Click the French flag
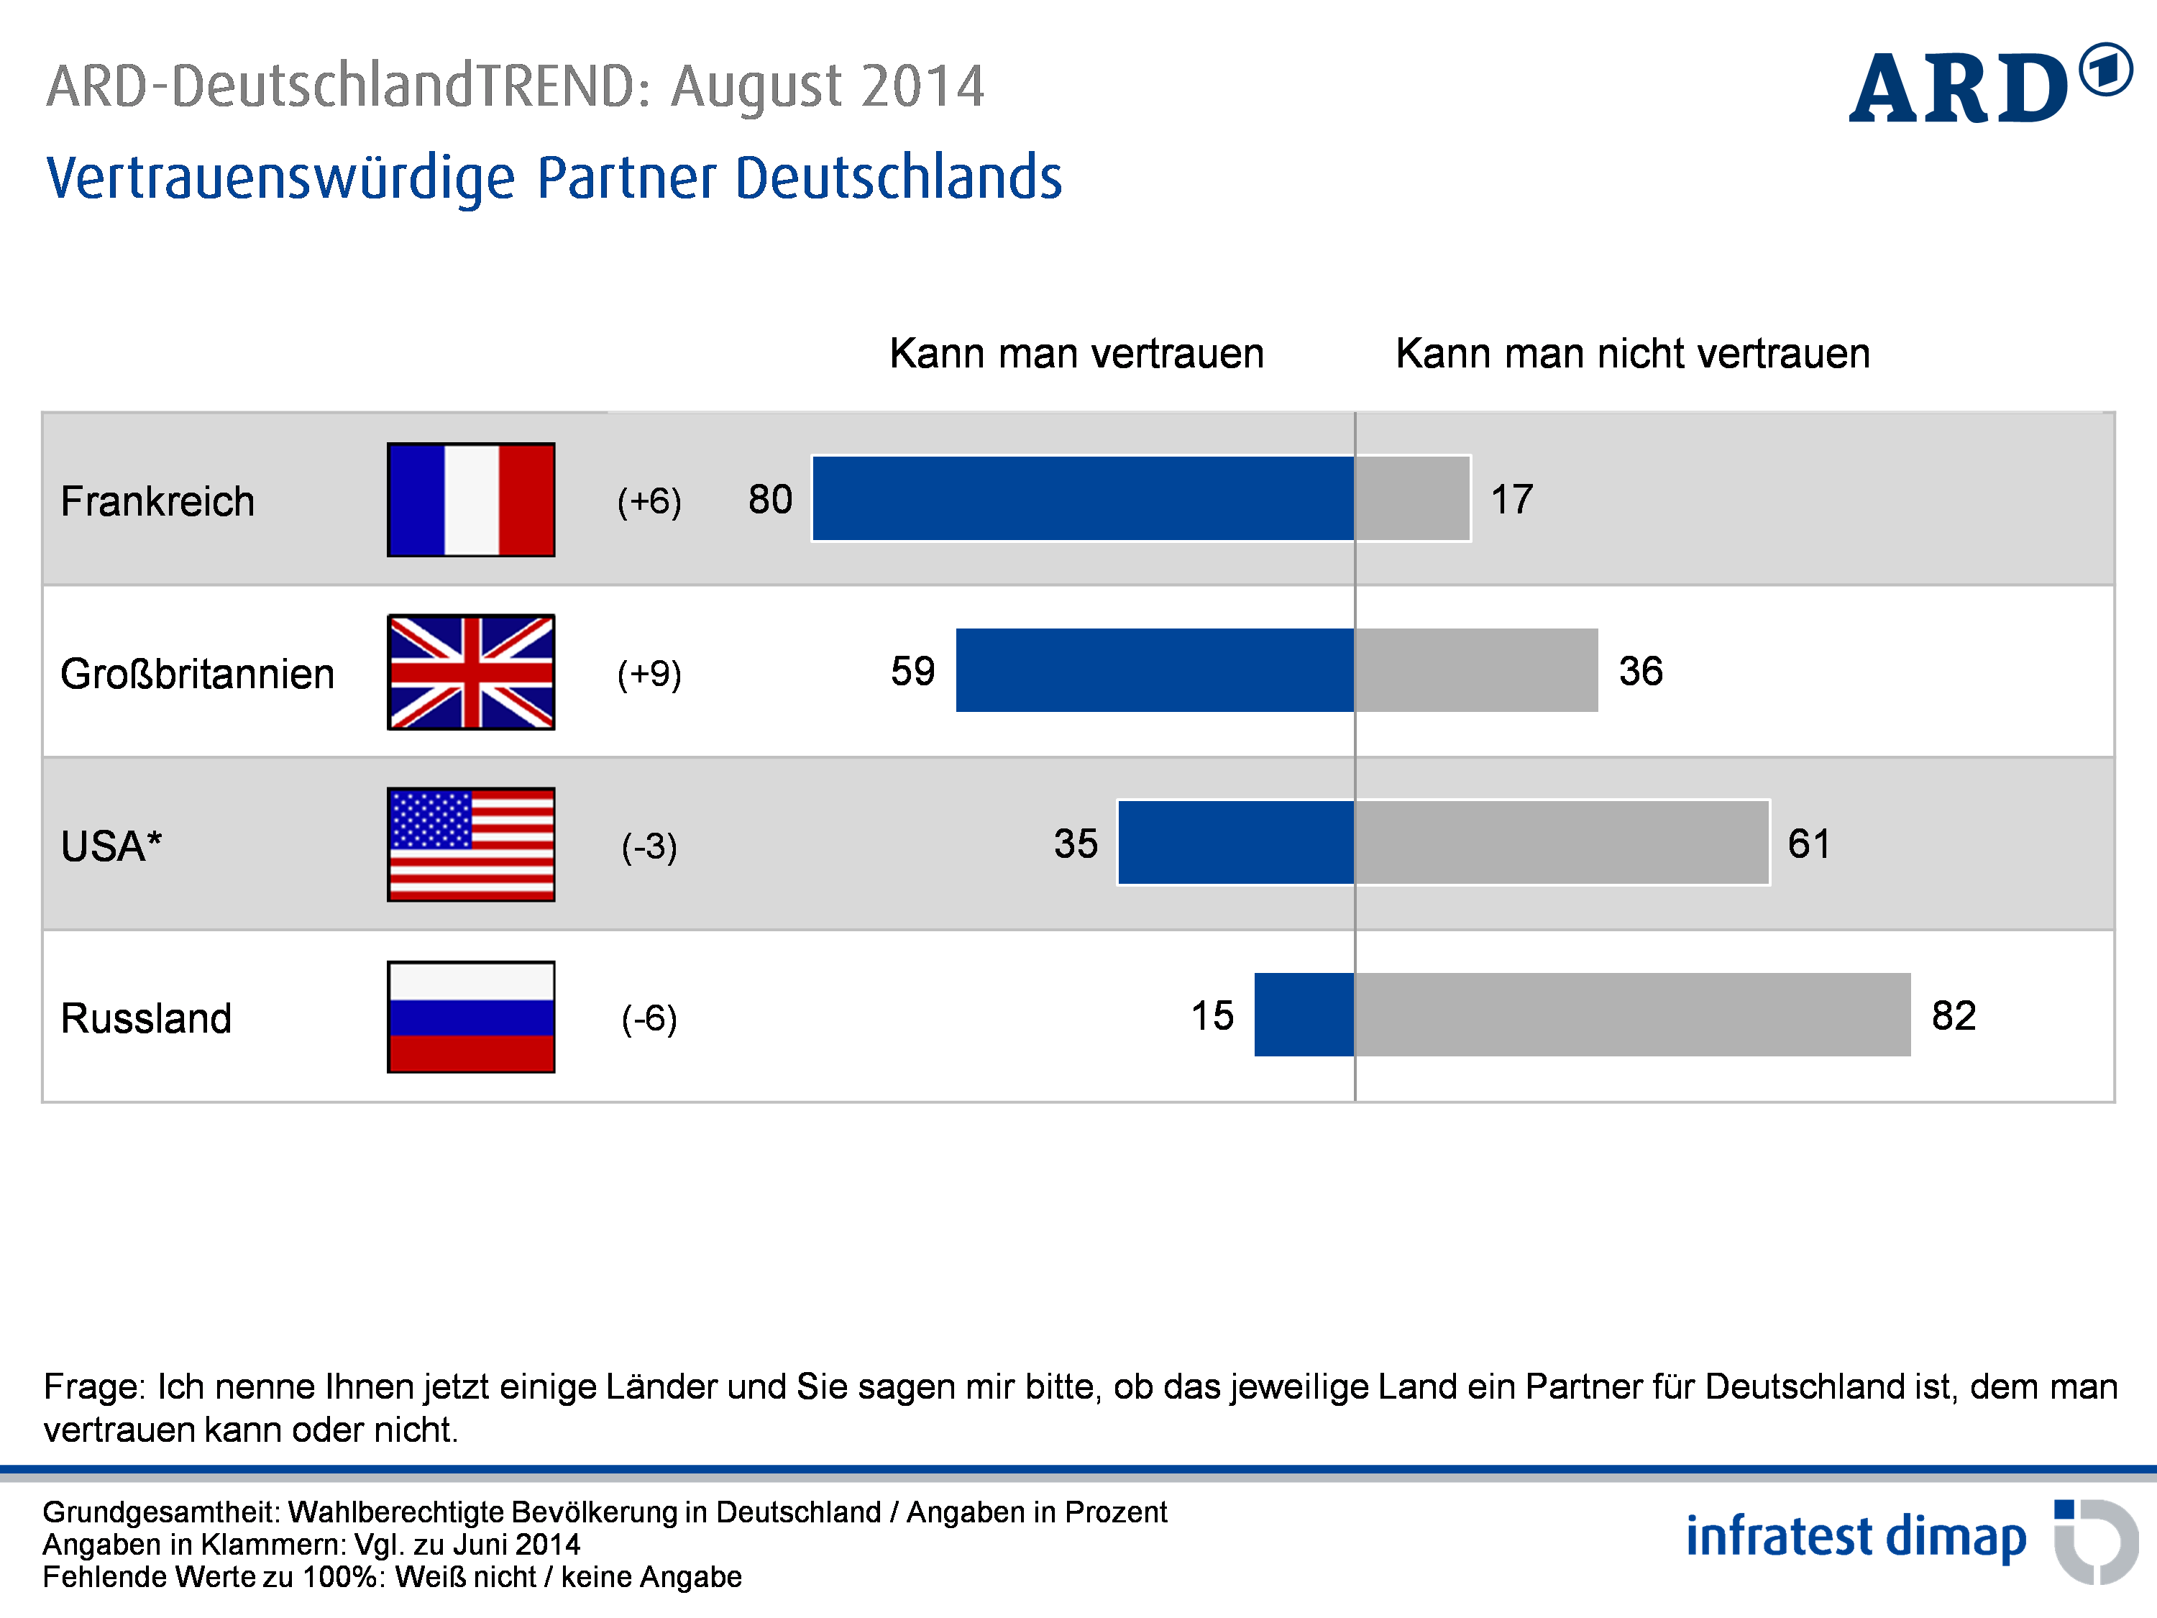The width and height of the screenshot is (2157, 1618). (471, 499)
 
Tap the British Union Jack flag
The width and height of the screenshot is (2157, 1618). (471, 672)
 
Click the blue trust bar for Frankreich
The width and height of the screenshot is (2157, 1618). (1082, 498)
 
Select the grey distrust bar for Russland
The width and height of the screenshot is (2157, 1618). (1632, 1014)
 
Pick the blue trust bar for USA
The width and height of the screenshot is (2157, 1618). (1235, 843)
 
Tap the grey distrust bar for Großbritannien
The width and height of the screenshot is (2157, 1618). (1476, 670)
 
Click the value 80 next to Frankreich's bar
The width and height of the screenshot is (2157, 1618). (769, 499)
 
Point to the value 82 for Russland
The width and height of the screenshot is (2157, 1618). (1954, 1016)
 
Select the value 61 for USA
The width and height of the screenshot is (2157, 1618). (1809, 844)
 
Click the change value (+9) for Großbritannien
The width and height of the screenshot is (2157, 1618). (649, 673)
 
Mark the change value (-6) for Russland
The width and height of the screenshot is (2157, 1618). (649, 1018)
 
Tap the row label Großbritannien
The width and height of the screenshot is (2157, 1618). (197, 674)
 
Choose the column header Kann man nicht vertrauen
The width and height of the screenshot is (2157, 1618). (1632, 353)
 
